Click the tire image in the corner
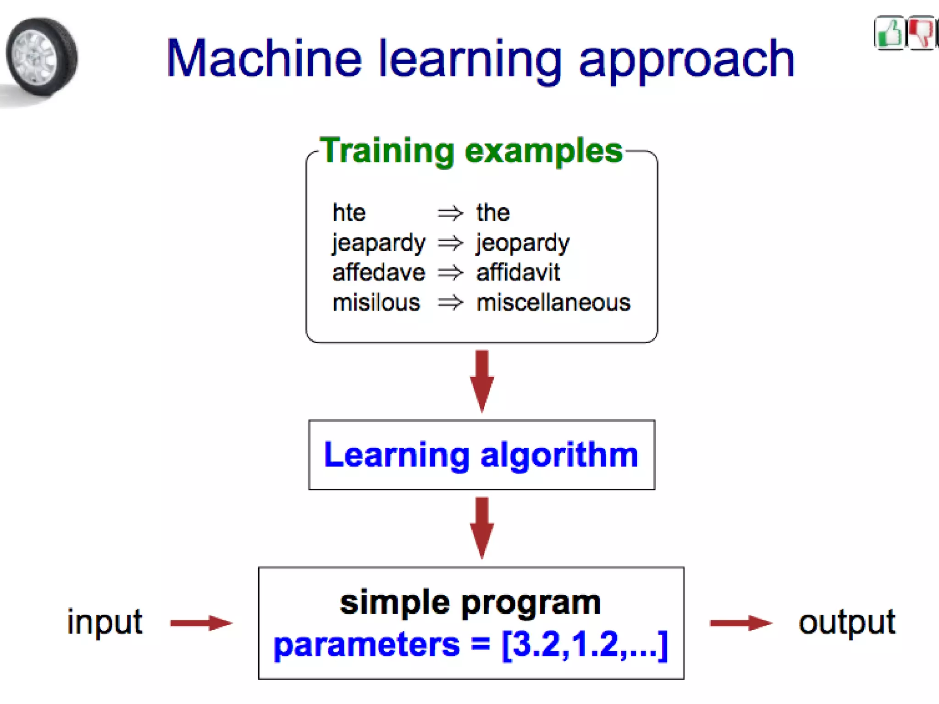coord(41,57)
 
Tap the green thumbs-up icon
coord(889,33)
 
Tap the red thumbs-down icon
coord(920,33)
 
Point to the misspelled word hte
coord(349,213)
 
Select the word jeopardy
coord(523,243)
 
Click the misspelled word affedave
coord(379,273)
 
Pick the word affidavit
coord(518,273)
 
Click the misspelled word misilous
coord(376,303)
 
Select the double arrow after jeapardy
coord(450,243)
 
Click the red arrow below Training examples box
coord(482,380)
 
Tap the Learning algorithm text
coord(481,455)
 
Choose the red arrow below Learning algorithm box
coord(482,527)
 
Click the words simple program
coord(470,602)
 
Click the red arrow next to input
coord(201,623)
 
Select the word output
coord(847,623)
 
